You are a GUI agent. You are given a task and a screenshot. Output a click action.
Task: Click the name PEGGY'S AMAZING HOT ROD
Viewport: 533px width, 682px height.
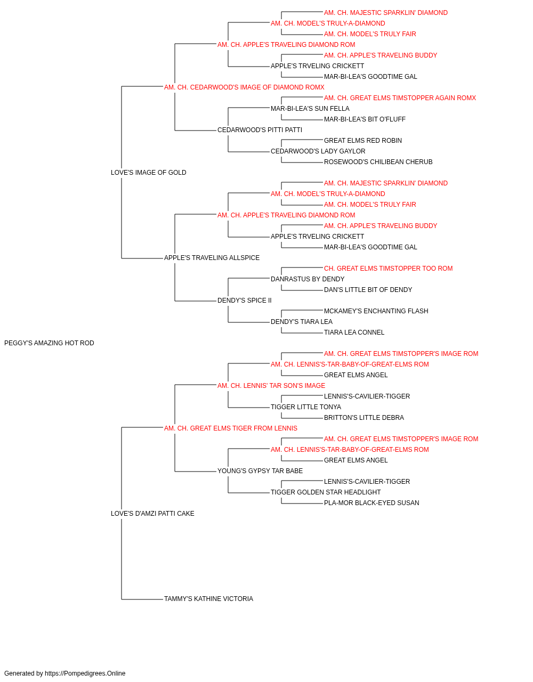click(x=49, y=343)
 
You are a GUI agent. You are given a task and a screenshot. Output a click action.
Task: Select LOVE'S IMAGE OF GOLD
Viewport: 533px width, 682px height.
click(x=149, y=173)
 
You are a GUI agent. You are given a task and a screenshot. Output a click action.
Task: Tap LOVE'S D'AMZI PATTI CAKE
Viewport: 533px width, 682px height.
click(x=152, y=514)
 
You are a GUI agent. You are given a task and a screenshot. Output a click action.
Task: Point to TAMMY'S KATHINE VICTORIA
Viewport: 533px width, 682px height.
click(x=208, y=599)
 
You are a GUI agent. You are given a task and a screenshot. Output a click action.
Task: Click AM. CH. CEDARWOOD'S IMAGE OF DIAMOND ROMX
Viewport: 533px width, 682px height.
click(x=244, y=87)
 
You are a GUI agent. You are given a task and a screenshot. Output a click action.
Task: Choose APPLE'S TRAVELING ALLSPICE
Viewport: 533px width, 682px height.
click(x=212, y=258)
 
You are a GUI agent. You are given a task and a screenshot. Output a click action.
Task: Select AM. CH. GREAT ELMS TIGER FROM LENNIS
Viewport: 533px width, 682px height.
click(x=231, y=428)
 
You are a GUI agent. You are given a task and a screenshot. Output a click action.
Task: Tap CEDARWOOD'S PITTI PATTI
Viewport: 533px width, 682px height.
click(x=260, y=130)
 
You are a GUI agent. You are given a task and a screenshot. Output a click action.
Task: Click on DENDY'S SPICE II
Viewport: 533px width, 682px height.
click(x=245, y=301)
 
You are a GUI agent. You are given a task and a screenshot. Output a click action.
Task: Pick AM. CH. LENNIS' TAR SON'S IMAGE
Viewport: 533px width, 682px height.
click(x=271, y=386)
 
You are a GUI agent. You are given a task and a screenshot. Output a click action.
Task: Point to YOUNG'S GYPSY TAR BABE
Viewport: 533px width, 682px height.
click(x=260, y=471)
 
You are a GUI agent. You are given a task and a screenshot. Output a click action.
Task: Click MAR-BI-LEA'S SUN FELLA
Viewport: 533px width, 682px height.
click(x=310, y=109)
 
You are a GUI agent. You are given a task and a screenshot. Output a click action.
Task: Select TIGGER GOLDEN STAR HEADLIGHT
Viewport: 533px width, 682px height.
click(x=326, y=492)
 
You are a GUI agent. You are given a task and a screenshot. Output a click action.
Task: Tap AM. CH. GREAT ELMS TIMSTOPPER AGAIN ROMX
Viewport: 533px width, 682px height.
click(x=400, y=98)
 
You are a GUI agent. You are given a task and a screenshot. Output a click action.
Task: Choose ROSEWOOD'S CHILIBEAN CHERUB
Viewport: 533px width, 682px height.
click(x=378, y=162)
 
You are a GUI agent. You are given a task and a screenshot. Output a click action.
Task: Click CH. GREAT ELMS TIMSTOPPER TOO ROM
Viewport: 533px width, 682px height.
click(x=389, y=269)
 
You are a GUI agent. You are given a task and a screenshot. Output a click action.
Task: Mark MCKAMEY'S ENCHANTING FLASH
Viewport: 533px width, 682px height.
click(x=376, y=311)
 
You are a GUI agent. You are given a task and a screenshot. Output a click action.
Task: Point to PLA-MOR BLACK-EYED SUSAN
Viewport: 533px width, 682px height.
click(x=372, y=503)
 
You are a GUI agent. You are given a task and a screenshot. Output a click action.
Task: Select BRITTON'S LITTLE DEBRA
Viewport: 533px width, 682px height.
click(x=364, y=418)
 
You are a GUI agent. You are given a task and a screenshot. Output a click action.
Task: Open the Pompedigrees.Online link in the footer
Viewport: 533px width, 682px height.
click(x=85, y=673)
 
